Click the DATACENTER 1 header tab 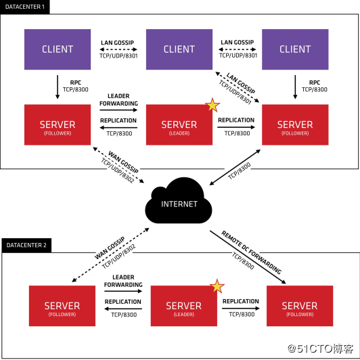tap(25, 6)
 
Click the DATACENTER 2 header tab tap(26, 244)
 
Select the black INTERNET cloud tap(179, 202)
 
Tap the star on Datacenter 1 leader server tap(212, 105)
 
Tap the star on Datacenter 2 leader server tap(217, 286)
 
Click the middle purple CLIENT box tap(179, 49)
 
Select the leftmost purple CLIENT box tap(57, 49)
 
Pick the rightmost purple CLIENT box tap(295, 49)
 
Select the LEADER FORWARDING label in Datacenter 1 tap(118, 99)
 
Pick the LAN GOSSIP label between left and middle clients tap(118, 42)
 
